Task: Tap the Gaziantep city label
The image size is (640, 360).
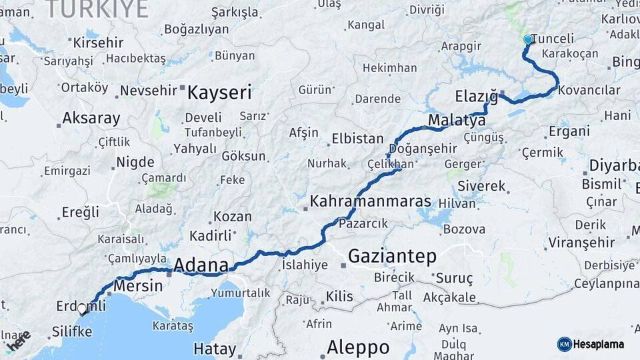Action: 392,256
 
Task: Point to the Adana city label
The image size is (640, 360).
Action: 201,265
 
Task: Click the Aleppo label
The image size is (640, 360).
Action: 358,347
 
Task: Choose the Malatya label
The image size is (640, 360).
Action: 457,121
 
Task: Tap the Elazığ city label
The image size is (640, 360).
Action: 477,96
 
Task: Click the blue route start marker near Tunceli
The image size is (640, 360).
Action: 528,39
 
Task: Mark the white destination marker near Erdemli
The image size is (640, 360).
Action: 82,309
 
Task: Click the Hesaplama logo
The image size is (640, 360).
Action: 593,344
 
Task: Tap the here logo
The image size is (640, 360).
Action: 19,341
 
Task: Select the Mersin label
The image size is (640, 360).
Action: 138,285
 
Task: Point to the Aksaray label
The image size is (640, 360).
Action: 91,119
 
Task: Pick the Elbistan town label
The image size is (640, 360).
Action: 357,139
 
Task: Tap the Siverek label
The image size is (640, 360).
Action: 481,186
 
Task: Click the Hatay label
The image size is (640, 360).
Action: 215,349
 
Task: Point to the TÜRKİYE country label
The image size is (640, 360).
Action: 97,9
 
